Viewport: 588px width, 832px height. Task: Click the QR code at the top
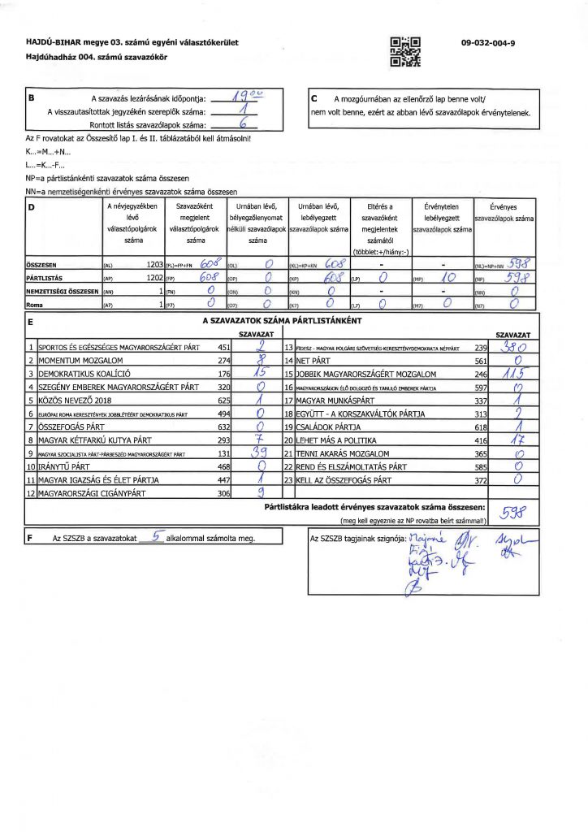406,51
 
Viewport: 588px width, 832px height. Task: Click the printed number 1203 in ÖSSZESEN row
150,264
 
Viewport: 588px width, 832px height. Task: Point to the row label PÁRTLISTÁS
45,277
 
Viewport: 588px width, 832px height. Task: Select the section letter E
30,323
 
